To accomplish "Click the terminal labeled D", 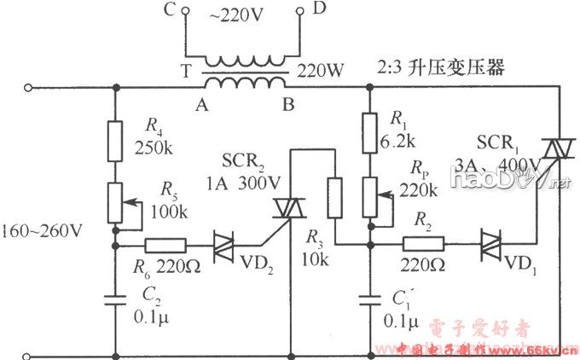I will pos(301,13).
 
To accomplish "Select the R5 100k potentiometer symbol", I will pos(114,200).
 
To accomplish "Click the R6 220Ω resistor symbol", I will pos(165,246).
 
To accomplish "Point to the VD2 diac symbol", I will pos(223,246).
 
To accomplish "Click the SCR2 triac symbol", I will pos(282,206).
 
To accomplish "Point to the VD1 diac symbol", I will pos(492,246).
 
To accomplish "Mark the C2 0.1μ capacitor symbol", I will pos(114,300).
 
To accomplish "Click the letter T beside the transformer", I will pos(185,73).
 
